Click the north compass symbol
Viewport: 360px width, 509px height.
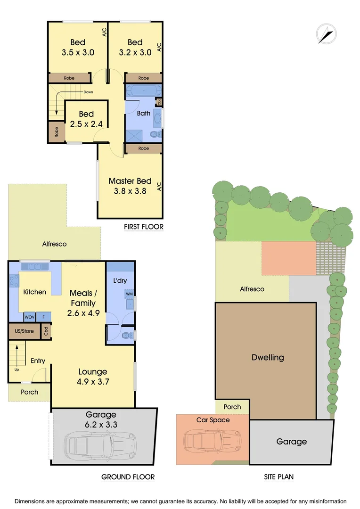click(326, 33)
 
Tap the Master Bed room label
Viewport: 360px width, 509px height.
click(130, 181)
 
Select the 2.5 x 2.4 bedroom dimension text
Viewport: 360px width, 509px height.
click(86, 124)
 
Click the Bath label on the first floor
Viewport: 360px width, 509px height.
click(144, 113)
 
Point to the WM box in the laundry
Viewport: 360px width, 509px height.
click(129, 294)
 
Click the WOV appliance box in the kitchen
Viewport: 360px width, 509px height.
click(30, 317)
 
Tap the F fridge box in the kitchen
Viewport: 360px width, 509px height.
click(44, 317)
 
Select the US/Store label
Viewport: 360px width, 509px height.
click(25, 331)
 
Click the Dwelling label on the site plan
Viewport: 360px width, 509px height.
click(268, 357)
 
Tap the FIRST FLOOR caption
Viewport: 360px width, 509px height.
click(144, 227)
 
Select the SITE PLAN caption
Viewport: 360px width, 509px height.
click(278, 477)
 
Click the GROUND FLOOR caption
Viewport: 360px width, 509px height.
click(128, 477)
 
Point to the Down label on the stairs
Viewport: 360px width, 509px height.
click(88, 92)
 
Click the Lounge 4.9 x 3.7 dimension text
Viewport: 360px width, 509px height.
click(93, 382)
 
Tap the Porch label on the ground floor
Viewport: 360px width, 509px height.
click(29, 392)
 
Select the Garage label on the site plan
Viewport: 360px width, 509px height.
click(292, 442)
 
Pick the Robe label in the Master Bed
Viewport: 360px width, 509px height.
click(144, 148)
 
